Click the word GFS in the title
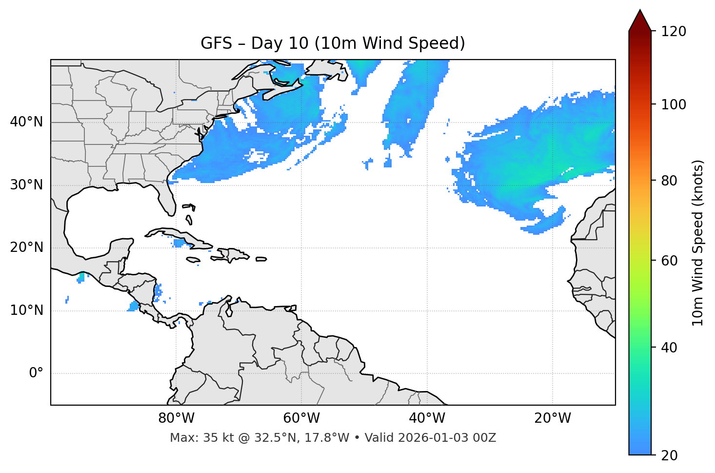(x=216, y=43)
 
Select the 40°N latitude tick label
(x=26, y=122)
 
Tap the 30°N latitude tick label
(x=26, y=185)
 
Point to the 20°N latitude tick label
(x=26, y=247)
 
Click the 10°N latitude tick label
(x=26, y=310)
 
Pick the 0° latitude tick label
(x=36, y=373)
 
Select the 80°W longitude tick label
(x=176, y=418)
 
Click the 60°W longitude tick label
(x=301, y=418)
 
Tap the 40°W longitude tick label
(x=427, y=418)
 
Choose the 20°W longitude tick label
(x=552, y=418)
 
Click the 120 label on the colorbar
(x=674, y=32)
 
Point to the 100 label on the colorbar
(x=674, y=104)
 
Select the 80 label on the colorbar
(x=669, y=181)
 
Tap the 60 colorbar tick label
(x=669, y=261)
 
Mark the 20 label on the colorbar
(x=669, y=455)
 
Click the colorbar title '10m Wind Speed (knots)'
(x=698, y=243)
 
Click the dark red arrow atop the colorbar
(x=640, y=21)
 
